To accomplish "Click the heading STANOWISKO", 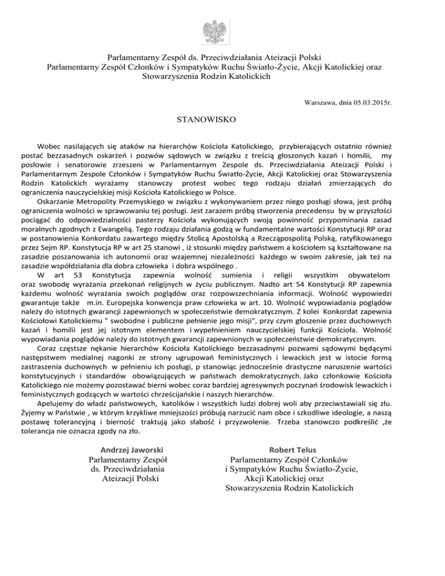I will (205, 121).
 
